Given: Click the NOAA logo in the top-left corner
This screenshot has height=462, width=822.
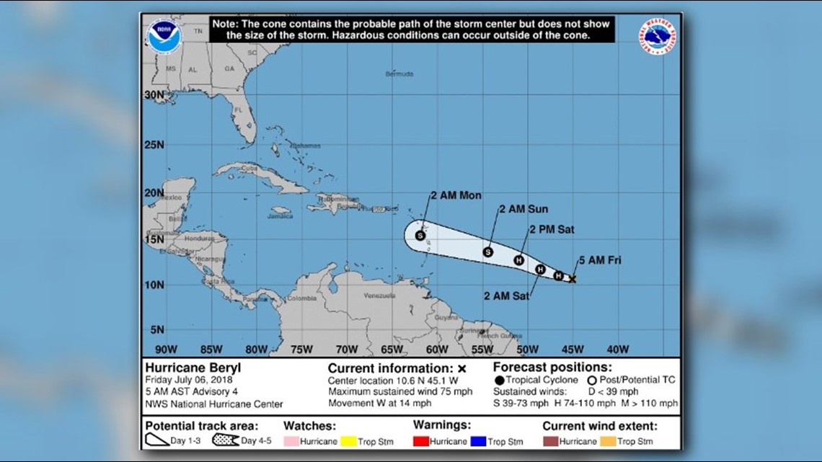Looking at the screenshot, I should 164,37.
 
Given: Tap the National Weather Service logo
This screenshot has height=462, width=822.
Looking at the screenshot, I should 658,37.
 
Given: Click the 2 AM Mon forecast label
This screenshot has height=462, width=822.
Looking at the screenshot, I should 456,195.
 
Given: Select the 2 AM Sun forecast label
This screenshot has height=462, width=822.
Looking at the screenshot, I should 523,209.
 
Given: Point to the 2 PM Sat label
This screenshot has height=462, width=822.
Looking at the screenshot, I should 552,230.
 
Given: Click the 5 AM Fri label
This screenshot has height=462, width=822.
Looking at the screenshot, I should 600,260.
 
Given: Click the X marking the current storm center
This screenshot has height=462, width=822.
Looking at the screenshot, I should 572,278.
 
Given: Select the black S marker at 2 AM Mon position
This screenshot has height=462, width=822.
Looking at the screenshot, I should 420,235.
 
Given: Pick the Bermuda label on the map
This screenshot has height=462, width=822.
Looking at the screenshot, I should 399,74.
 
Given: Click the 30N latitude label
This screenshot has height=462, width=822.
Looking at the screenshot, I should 154,94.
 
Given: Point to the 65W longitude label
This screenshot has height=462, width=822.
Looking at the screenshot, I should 392,350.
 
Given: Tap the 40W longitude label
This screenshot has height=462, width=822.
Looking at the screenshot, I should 617,350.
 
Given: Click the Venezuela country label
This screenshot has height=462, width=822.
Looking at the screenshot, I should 381,296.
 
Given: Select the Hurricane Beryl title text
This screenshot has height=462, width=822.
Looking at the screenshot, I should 193,368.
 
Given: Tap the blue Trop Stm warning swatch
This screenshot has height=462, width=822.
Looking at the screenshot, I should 477,440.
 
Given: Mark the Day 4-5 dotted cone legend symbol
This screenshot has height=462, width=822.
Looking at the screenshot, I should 225,440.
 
